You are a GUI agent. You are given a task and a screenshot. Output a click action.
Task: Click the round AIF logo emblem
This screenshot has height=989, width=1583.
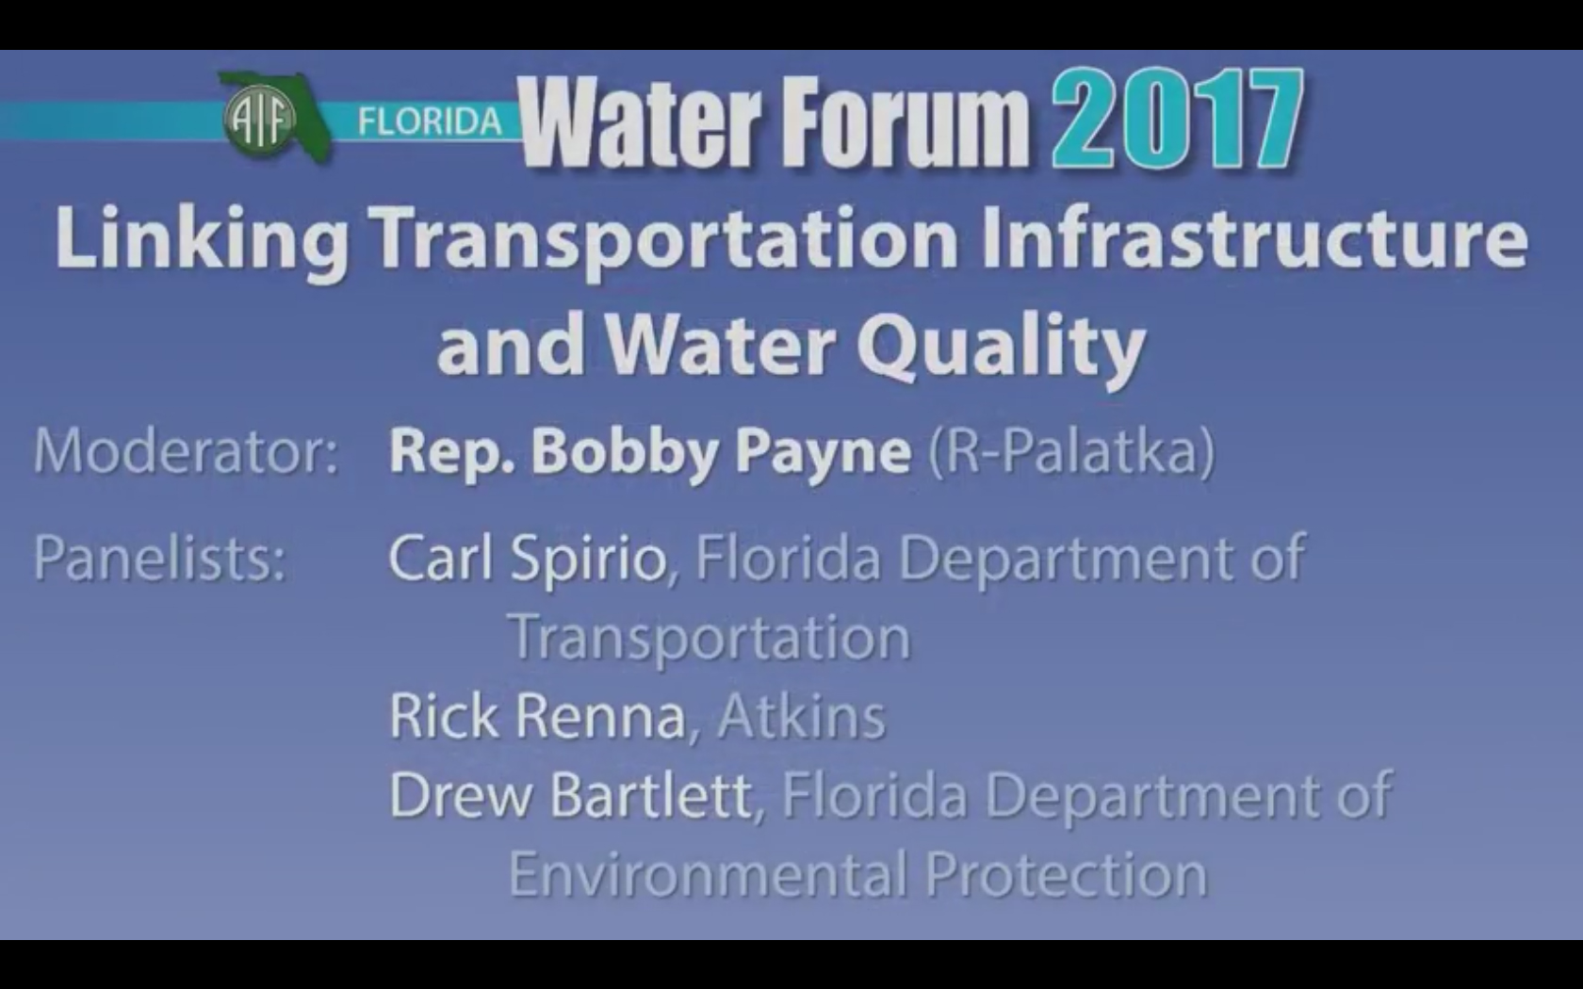(260, 119)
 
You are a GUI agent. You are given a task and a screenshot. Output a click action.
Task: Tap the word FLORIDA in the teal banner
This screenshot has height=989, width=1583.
(430, 122)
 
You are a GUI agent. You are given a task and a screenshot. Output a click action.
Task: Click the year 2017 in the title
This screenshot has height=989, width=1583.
(1178, 118)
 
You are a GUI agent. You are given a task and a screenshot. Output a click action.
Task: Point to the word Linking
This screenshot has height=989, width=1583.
(202, 240)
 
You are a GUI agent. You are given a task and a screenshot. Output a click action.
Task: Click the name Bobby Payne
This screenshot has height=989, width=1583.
(721, 453)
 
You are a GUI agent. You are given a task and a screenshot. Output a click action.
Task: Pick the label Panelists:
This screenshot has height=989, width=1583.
(160, 558)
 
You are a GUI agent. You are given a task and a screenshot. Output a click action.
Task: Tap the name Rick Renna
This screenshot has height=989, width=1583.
(538, 716)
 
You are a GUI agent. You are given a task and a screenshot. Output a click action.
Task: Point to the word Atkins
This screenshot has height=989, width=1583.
(801, 716)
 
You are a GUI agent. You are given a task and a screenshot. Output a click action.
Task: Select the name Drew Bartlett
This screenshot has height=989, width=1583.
(570, 795)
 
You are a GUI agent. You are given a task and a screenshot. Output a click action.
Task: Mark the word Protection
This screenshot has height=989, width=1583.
(1066, 874)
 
